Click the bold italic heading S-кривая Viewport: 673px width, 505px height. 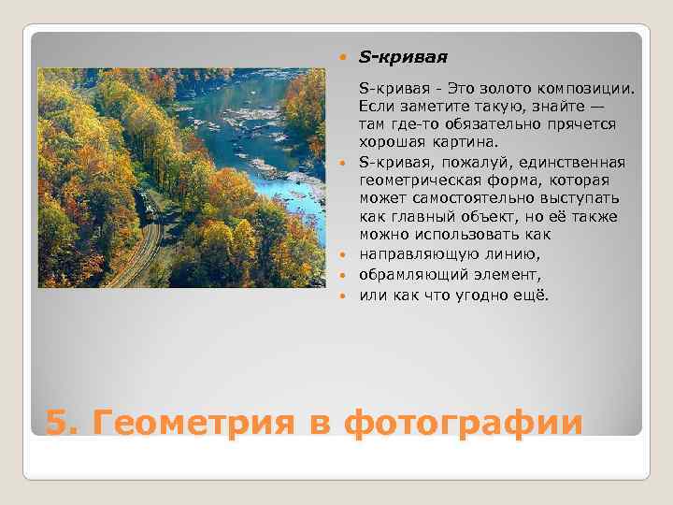(403, 58)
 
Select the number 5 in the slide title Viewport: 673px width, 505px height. (57, 422)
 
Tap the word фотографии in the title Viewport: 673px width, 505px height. (463, 422)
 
